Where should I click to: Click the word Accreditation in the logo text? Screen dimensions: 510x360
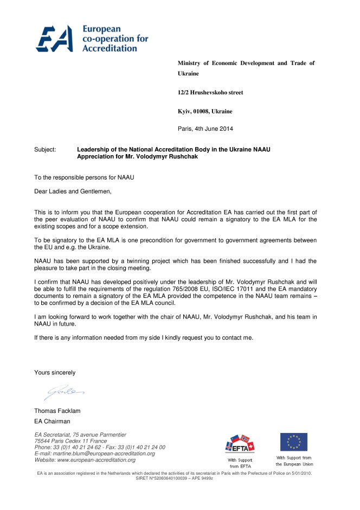pyautogui.click(x=110, y=48)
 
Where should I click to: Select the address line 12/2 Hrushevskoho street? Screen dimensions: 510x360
pyautogui.click(x=210, y=93)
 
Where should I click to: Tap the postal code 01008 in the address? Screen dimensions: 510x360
pyautogui.click(x=207, y=111)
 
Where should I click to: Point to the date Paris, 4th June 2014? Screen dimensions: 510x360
pyautogui.click(x=205, y=129)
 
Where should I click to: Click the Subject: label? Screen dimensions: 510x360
pyautogui.click(x=45, y=148)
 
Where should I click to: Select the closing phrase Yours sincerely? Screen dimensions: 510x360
pyautogui.click(x=55, y=373)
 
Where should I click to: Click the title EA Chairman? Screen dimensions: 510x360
pyautogui.click(x=52, y=421)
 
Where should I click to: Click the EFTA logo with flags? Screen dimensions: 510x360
pyautogui.click(x=239, y=443)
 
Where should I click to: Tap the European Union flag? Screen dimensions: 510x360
pyautogui.click(x=294, y=442)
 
